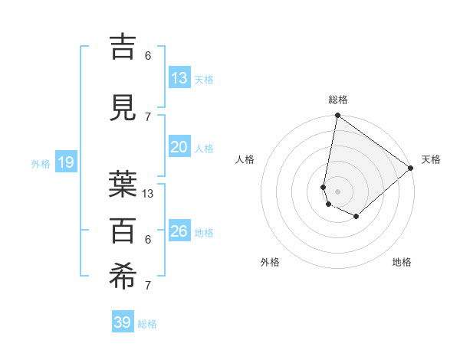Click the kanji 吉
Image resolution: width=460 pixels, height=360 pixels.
point(124,47)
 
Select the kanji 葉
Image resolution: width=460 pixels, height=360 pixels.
point(124,184)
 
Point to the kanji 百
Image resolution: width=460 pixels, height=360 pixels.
point(124,230)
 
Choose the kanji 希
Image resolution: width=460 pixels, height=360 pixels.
point(124,277)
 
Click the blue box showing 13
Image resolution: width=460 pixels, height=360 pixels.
point(179,78)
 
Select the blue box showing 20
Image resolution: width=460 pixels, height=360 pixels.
point(179,147)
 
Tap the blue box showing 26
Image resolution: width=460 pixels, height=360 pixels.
point(179,231)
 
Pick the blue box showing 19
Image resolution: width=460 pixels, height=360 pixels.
point(65,162)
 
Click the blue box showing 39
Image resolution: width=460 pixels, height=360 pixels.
point(123,322)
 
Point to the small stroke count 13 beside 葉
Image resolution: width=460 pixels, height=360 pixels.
point(148,194)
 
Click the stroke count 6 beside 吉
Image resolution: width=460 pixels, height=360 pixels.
point(148,55)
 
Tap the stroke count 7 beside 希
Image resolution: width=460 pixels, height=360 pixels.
point(148,286)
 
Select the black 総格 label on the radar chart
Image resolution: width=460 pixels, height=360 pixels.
point(338,100)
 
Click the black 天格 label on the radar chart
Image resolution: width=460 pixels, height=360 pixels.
point(431,159)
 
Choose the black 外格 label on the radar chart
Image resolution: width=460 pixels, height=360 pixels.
point(270,262)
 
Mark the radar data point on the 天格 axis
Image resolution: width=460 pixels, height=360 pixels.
point(412,168)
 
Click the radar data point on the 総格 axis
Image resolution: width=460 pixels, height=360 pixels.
point(337,116)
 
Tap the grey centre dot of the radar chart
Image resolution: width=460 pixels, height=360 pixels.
point(337,191)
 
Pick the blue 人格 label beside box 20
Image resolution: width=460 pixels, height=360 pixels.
point(204,148)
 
